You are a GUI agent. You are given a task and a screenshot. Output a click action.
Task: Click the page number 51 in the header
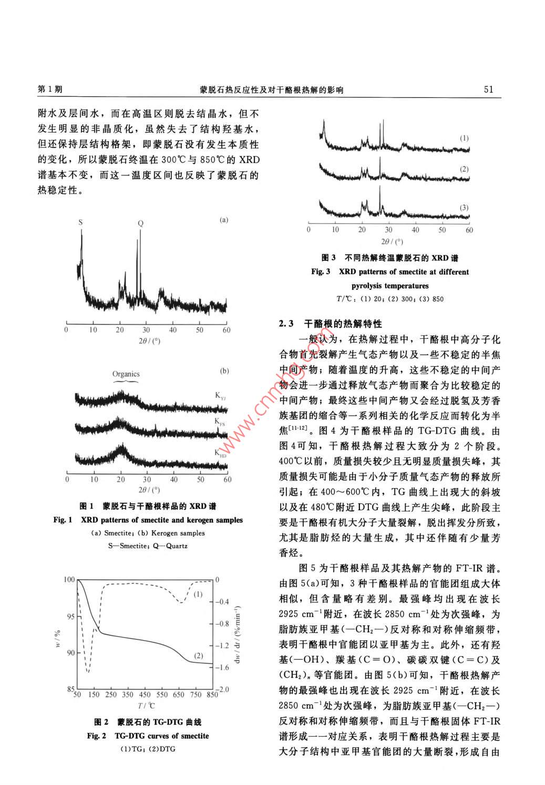pos(488,89)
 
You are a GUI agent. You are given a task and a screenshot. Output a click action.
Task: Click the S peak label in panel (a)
pos(81,223)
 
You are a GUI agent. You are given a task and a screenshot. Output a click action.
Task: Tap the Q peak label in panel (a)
pos(140,223)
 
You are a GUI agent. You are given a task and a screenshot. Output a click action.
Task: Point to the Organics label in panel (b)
pos(126,374)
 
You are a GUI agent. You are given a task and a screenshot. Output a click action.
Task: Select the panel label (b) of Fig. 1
pos(224,371)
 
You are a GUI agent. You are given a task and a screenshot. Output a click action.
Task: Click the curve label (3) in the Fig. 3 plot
pos(464,207)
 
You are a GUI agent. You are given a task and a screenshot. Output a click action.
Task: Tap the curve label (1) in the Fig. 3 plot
pos(464,138)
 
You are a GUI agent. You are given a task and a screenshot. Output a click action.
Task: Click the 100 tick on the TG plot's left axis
pos(69,580)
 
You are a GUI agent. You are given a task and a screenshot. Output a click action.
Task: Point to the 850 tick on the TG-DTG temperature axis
pos(212,695)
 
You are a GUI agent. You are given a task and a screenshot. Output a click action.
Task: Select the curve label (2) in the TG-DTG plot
pos(198,656)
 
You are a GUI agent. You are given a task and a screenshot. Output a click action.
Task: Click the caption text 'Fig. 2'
pos(97,736)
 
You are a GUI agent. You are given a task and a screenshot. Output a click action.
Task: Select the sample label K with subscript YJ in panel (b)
pos(221,397)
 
